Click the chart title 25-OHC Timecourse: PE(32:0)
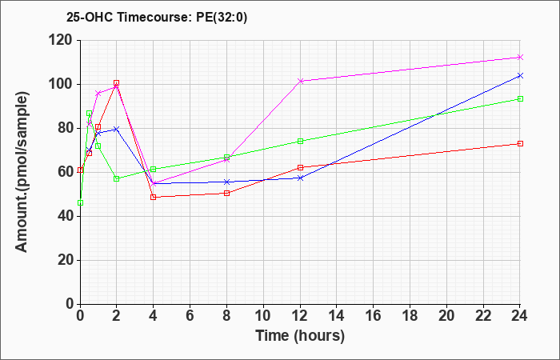click(157, 18)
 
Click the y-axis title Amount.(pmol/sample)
click(22, 172)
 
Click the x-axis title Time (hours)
click(300, 336)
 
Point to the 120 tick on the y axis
click(62, 41)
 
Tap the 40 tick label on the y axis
click(66, 217)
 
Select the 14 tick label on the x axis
click(337, 316)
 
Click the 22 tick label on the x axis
click(483, 316)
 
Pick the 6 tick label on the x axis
click(190, 316)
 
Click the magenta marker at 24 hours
click(520, 57)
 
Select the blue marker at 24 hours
click(520, 76)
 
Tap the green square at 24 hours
click(520, 99)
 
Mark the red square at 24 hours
click(520, 143)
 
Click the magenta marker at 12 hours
click(300, 81)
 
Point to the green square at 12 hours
click(300, 141)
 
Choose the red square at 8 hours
click(226, 194)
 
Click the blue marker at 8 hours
click(226, 182)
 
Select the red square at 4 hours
click(154, 197)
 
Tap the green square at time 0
click(80, 203)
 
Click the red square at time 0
click(80, 170)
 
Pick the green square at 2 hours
click(117, 178)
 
